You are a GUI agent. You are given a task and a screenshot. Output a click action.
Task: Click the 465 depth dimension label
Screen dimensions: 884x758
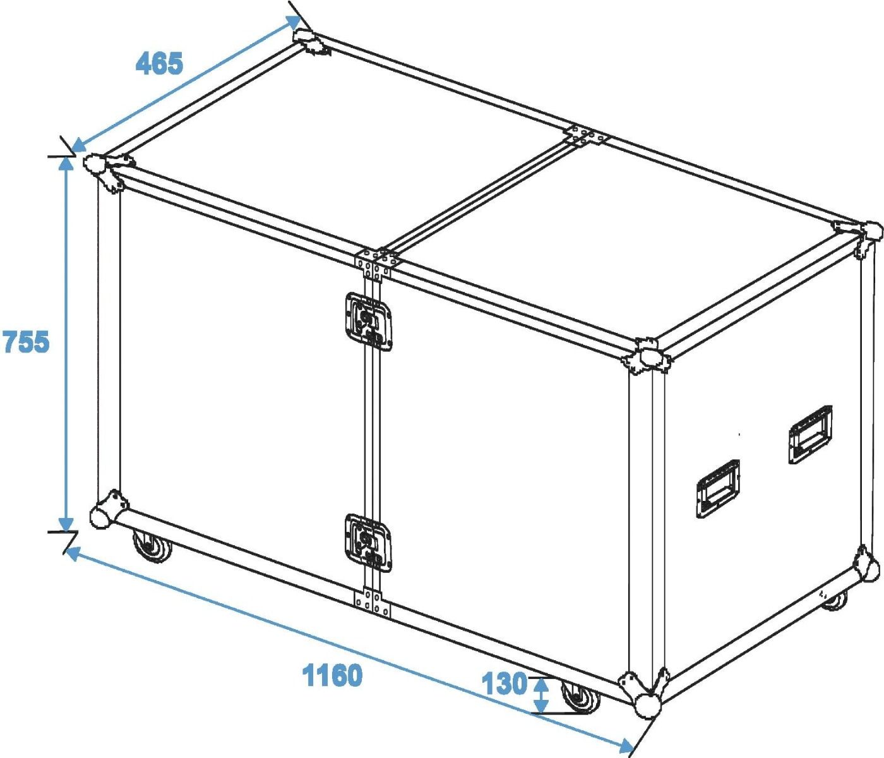pos(159,64)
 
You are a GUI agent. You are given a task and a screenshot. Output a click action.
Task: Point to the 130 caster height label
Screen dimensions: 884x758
pos(505,683)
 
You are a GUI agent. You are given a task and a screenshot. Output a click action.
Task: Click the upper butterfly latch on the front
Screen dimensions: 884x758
pos(368,322)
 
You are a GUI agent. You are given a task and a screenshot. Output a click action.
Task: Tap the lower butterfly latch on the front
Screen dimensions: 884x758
pos(368,543)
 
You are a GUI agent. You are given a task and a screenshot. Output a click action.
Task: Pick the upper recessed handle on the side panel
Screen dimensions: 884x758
pos(811,434)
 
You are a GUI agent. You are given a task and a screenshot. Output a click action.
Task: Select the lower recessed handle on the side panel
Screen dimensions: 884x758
pos(718,489)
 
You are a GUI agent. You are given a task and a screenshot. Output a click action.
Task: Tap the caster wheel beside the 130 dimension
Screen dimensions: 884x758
pos(580,695)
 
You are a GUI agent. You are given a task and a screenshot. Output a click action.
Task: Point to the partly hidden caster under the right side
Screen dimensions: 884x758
pos(835,601)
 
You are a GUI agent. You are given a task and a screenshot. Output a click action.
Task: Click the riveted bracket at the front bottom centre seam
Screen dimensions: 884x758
pos(373,604)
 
